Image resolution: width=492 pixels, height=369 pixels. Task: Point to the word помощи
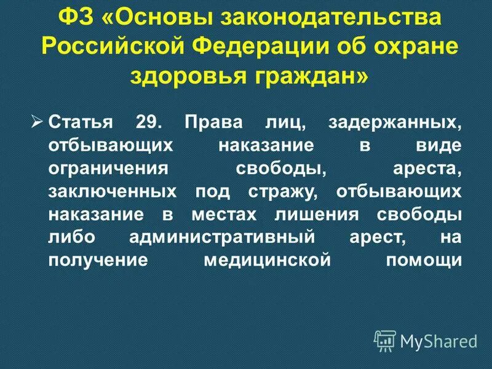point(424,260)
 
